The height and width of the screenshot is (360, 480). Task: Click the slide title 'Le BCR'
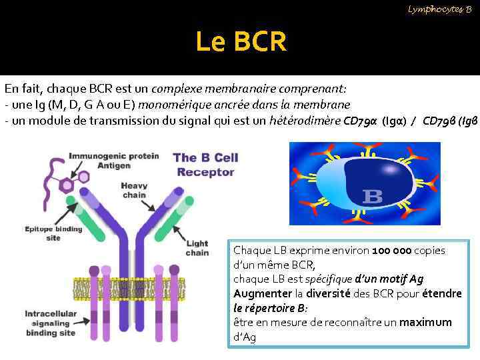tap(241, 43)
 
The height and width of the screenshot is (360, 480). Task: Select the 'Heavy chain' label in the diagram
tap(135, 190)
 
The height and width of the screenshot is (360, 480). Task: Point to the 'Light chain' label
tap(197, 248)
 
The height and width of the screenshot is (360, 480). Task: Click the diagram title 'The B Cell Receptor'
tap(205, 165)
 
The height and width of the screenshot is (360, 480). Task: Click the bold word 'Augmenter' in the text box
tap(263, 293)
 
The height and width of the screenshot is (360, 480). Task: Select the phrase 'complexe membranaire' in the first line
tap(213, 89)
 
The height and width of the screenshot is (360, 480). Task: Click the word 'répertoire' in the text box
tap(271, 308)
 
